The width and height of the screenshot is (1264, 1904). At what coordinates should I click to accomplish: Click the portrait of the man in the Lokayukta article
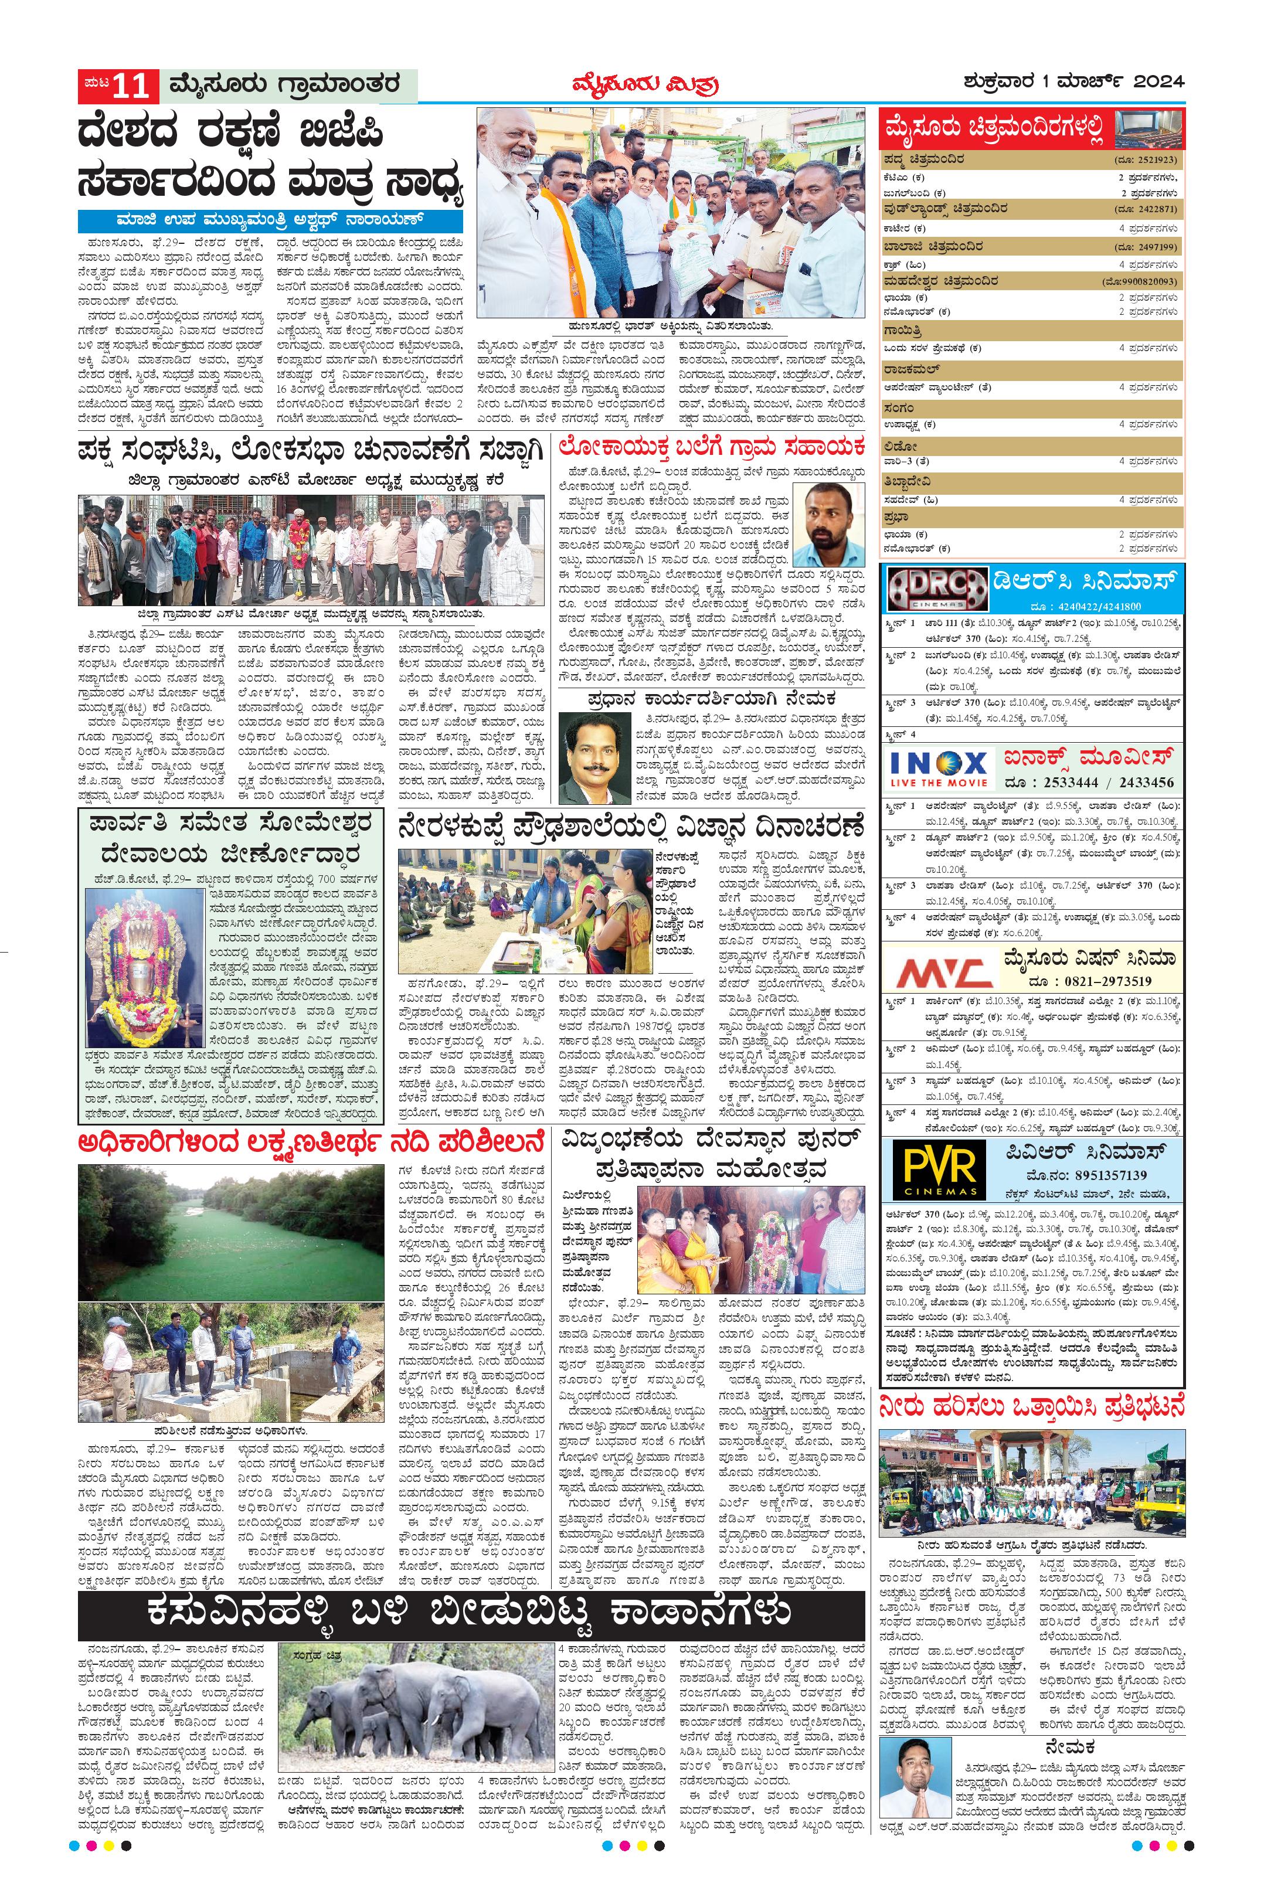point(829,525)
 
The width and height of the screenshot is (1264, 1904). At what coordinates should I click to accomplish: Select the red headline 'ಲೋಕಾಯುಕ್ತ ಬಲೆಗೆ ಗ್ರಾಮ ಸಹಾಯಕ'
point(712,446)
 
